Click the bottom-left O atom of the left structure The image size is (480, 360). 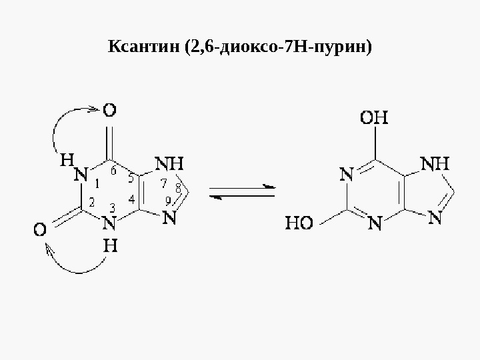click(x=40, y=230)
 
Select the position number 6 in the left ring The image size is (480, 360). click(x=113, y=171)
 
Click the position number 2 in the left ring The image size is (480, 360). click(x=91, y=201)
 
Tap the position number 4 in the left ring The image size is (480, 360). click(x=131, y=199)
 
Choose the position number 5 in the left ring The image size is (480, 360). click(x=131, y=178)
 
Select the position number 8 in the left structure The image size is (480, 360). click(x=178, y=186)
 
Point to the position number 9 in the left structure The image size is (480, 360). click(x=168, y=200)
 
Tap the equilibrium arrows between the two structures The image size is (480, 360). click(x=242, y=191)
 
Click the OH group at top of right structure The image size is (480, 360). click(x=375, y=119)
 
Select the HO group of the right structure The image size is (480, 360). click(x=300, y=222)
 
